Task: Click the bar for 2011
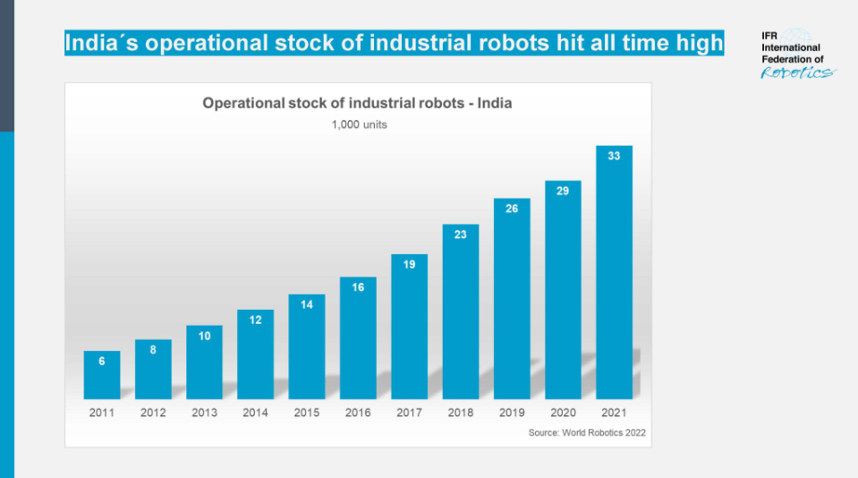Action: click(101, 375)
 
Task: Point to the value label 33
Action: click(614, 156)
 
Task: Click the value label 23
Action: click(460, 235)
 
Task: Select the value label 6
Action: click(101, 362)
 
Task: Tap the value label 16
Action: click(358, 287)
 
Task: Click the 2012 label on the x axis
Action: click(153, 413)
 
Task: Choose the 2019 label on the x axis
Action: click(512, 413)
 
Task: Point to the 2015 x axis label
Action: click(307, 413)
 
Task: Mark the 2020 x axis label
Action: click(563, 413)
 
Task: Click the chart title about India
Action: click(357, 103)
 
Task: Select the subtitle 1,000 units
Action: click(359, 124)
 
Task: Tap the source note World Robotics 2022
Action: click(587, 433)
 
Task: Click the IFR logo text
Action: click(791, 55)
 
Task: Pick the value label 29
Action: click(563, 191)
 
